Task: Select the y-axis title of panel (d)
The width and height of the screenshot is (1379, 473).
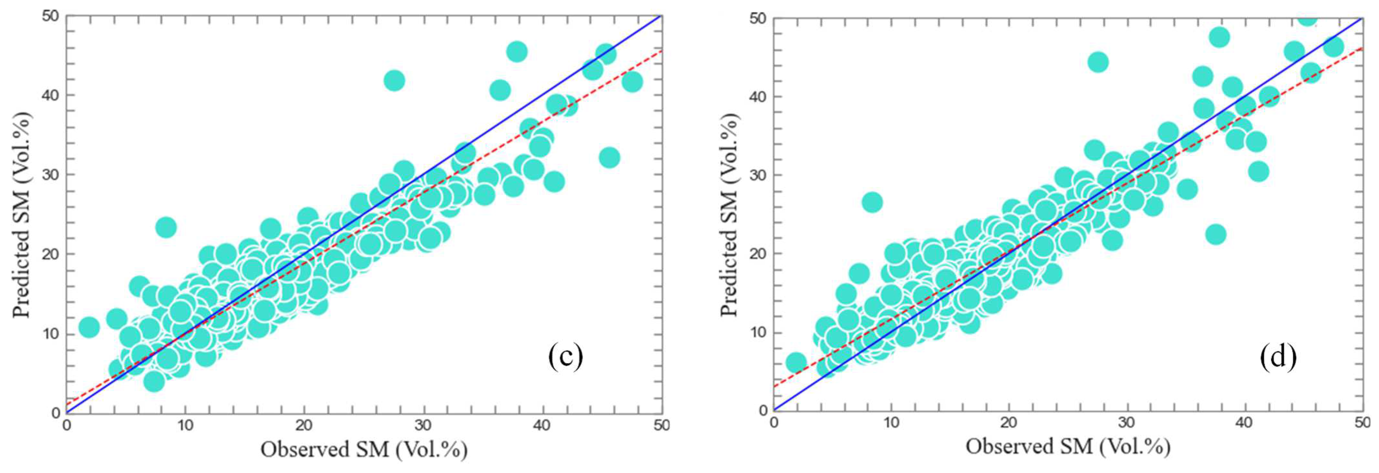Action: (x=729, y=214)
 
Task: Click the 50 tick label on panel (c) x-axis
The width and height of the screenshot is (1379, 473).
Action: (x=662, y=425)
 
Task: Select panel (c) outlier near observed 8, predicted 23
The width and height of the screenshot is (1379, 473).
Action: (x=166, y=227)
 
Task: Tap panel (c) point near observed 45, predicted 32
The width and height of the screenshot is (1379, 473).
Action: (x=609, y=157)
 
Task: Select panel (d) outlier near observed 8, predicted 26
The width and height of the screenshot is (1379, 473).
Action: (x=872, y=203)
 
